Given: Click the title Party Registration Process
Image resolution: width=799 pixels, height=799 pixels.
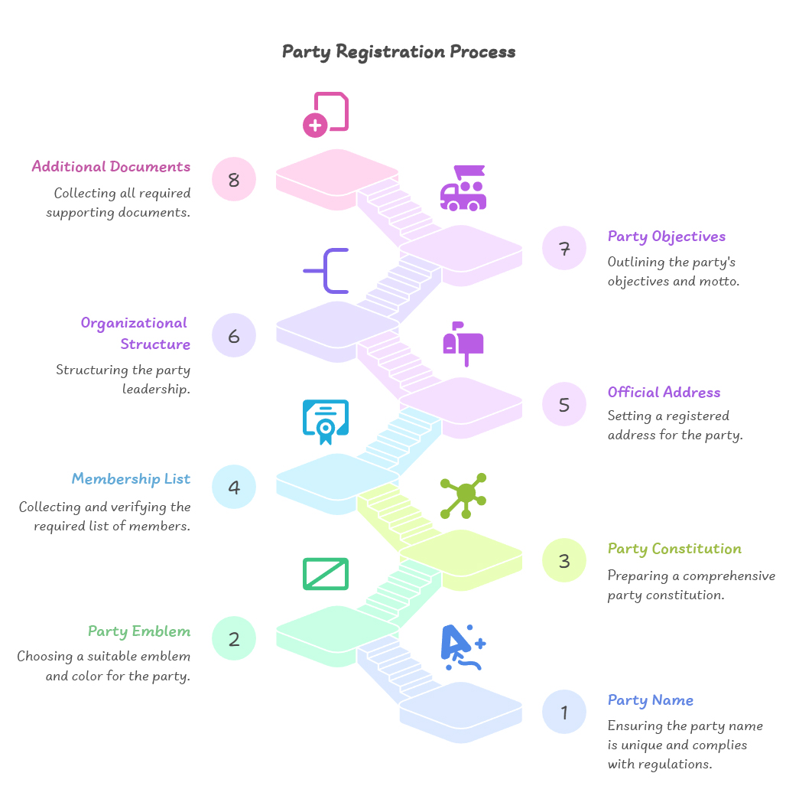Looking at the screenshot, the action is (398, 52).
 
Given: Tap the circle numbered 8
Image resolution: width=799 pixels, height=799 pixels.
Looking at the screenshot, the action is (234, 179).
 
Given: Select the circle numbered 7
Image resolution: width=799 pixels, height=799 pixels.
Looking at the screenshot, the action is (564, 248).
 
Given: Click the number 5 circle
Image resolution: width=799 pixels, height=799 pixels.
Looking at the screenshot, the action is (564, 404).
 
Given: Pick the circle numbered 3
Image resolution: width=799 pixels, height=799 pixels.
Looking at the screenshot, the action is (564, 560).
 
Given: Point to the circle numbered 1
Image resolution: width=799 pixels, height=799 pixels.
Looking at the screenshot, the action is (564, 712).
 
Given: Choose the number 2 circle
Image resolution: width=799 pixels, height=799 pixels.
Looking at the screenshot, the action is (234, 638).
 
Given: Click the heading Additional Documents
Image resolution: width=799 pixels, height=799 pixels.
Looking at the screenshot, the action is (111, 166).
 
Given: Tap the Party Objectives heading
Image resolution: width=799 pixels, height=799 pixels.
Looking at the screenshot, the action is (667, 236).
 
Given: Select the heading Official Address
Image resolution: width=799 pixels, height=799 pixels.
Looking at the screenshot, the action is (664, 393).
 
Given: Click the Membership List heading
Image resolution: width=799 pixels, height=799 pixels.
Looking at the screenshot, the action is (131, 479).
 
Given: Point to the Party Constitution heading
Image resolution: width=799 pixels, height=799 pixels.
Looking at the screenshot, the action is (674, 549).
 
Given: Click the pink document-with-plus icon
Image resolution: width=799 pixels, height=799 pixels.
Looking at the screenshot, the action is (326, 115).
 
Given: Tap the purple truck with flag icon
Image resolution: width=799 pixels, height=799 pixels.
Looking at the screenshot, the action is (463, 188).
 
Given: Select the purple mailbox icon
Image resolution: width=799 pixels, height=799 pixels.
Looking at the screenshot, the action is (463, 344).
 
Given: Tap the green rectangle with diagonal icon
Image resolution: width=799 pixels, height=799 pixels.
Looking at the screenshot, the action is (326, 574).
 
